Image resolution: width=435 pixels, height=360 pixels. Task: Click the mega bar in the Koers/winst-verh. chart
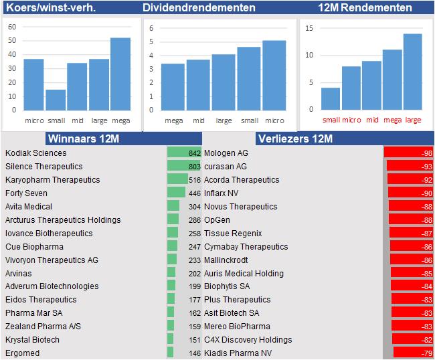click(x=120, y=74)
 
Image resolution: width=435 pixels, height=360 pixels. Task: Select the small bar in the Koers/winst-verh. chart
click(x=56, y=99)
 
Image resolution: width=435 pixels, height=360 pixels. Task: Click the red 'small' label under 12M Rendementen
click(x=331, y=120)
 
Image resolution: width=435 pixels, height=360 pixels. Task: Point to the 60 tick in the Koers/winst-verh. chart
click(x=12, y=27)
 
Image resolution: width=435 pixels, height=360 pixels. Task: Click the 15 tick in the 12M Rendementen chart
click(x=309, y=28)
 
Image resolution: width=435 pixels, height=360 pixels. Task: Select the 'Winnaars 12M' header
click(x=83, y=139)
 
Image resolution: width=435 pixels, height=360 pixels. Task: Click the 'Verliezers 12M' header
click(x=295, y=139)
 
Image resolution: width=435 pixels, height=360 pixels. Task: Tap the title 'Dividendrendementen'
click(x=199, y=8)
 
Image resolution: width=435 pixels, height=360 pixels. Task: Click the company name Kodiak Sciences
click(x=36, y=153)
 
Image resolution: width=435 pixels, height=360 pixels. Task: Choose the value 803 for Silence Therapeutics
click(x=195, y=167)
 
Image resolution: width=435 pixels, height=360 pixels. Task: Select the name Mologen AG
click(x=226, y=153)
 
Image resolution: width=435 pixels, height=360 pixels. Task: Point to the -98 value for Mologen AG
click(x=426, y=153)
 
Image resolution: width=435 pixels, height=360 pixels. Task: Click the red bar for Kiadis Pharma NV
click(x=408, y=353)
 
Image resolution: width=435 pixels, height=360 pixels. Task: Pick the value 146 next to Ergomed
click(x=195, y=353)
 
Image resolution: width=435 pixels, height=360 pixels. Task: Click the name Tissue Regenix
click(x=233, y=233)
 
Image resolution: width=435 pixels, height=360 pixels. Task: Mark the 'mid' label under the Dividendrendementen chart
click(x=199, y=120)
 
